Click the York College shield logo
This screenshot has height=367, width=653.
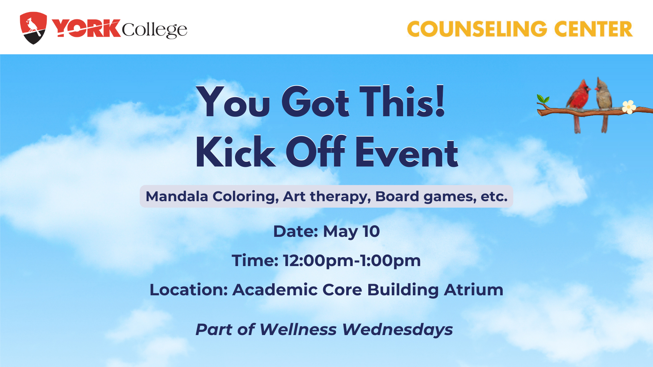(33, 28)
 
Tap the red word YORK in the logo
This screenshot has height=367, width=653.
(86, 28)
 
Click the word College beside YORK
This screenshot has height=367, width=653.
(154, 30)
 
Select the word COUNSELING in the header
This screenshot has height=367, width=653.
(477, 29)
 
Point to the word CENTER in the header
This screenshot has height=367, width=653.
(593, 29)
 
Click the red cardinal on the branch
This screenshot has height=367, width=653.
(579, 102)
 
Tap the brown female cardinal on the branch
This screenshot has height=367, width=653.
(604, 102)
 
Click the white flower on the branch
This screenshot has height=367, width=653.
(629, 107)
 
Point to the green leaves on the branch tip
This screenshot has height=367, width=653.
(543, 99)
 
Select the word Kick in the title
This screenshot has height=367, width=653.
(235, 152)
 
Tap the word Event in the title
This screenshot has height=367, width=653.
(407, 153)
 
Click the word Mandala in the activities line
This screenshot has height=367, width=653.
(177, 196)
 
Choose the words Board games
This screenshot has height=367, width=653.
(426, 197)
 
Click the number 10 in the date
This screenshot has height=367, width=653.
(371, 231)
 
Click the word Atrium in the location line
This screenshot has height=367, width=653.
(474, 290)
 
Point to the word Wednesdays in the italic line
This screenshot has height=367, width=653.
(398, 330)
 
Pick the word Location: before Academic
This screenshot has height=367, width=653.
(189, 290)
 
